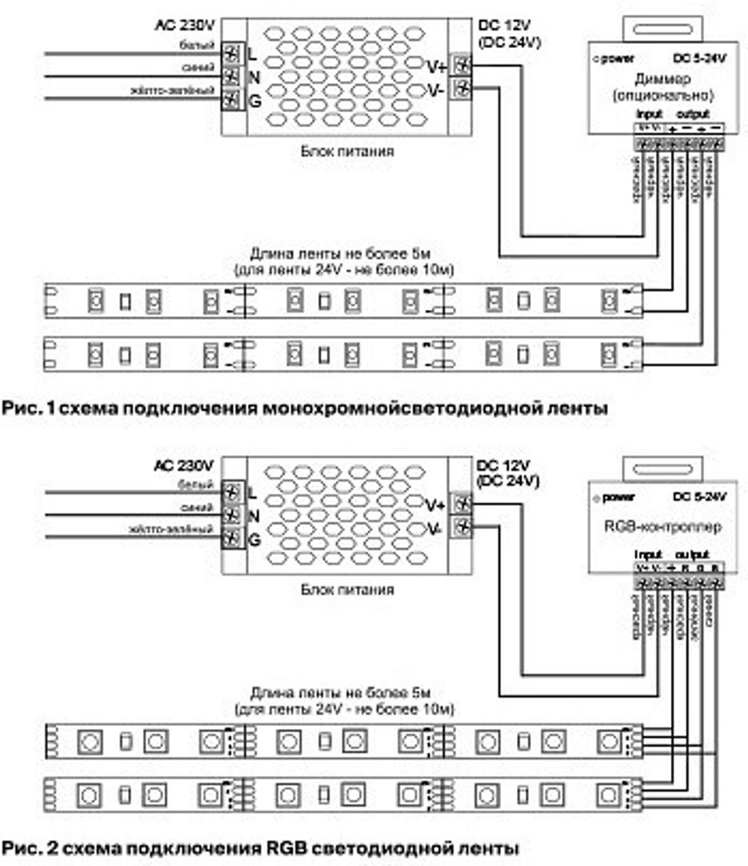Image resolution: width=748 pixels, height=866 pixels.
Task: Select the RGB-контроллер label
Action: tap(662, 527)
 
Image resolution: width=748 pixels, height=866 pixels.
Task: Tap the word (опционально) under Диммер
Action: tap(663, 96)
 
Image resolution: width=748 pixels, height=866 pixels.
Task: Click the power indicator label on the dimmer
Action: tap(613, 58)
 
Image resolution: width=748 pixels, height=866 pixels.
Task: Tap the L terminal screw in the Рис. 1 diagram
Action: tap(232, 54)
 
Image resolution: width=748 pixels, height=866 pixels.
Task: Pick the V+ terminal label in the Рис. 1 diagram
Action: tap(436, 67)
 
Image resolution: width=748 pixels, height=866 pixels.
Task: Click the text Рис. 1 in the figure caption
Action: tap(28, 409)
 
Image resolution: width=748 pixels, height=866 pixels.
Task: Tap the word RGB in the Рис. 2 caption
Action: tap(283, 849)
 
